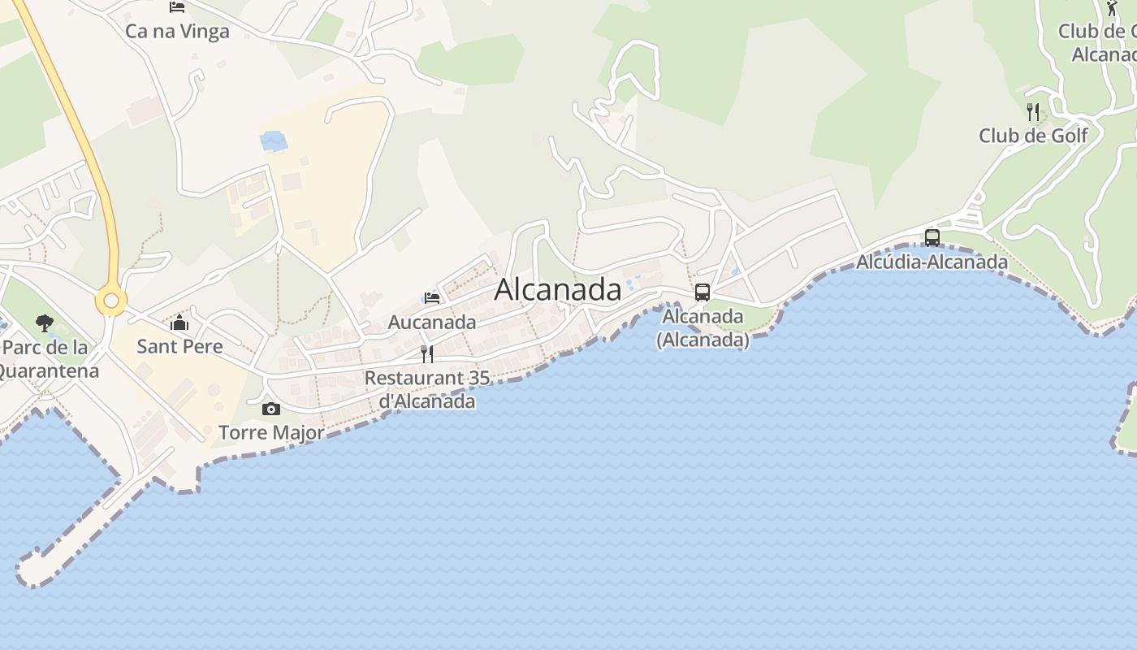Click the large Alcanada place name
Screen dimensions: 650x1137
tap(557, 289)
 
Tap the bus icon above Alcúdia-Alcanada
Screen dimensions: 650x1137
tap(932, 238)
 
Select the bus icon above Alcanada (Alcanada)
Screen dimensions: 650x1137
tap(703, 292)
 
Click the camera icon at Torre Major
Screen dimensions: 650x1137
tap(271, 409)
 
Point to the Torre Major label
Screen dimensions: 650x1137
tap(271, 432)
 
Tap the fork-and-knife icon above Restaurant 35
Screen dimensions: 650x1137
tap(427, 353)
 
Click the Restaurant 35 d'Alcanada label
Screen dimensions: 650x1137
tap(427, 389)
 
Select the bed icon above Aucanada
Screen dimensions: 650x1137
tap(432, 298)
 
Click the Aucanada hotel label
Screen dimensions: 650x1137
tap(432, 322)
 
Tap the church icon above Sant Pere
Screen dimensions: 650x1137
tap(179, 323)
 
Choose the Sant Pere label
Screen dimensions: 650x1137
tap(179, 346)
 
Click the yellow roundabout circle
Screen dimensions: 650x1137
tap(111, 301)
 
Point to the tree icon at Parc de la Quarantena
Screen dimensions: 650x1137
tap(45, 323)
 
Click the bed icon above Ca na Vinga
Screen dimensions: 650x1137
tap(177, 7)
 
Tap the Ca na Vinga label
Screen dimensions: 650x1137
tap(177, 32)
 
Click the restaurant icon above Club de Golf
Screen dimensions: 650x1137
tap(1033, 111)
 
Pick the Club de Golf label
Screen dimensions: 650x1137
tap(1033, 136)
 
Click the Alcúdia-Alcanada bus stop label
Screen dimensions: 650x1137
tap(932, 262)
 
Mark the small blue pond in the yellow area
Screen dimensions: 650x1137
tap(274, 141)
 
